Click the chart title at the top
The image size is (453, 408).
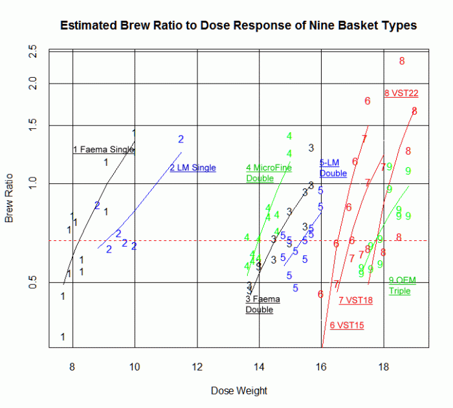238,26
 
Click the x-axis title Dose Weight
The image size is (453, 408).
239,391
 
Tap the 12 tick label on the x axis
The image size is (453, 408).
197,366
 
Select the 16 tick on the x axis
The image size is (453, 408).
321,366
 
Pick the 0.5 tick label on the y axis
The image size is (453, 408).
34,283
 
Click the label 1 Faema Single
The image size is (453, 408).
104,150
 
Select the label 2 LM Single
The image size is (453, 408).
193,168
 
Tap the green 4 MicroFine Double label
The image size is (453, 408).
269,173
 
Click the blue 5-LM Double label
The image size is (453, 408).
333,168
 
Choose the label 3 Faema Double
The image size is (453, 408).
262,304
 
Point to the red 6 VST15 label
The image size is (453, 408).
347,325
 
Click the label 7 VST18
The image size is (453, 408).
356,300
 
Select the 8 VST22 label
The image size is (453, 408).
401,93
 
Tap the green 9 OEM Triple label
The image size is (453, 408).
402,286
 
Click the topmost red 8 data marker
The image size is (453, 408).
402,62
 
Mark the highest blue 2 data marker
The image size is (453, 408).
181,139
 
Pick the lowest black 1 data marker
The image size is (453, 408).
63,337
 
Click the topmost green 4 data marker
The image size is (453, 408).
289,136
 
